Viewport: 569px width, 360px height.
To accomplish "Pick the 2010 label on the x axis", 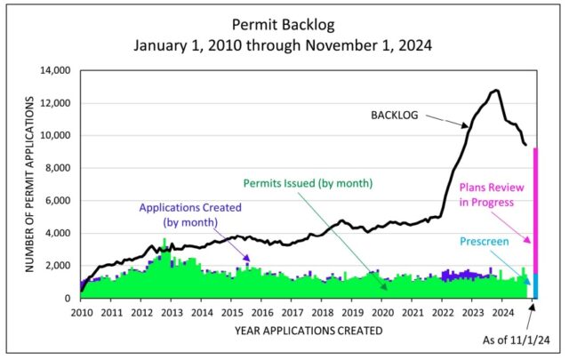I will pos(81,312).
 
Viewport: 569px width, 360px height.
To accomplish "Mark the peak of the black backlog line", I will pos(495,91).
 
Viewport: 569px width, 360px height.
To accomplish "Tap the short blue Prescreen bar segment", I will pos(535,285).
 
